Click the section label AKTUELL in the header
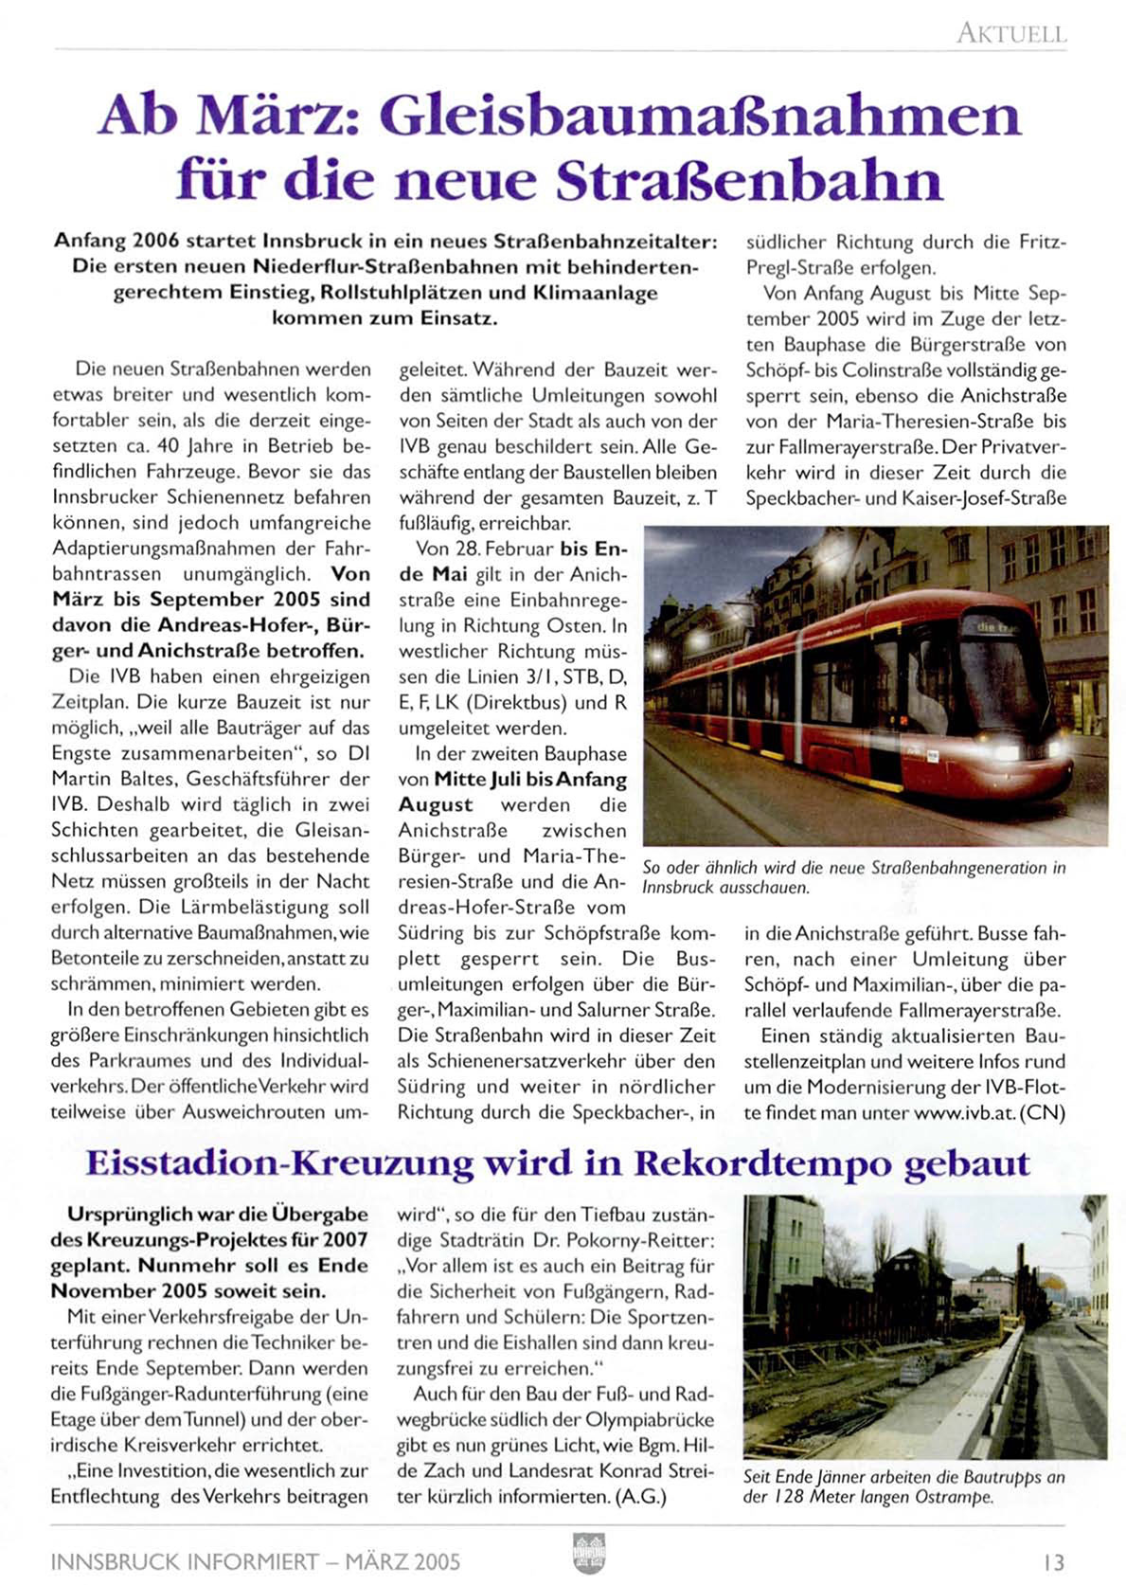pyautogui.click(x=1011, y=34)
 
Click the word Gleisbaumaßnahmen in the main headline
pyautogui.click(x=700, y=117)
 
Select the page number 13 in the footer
pyautogui.click(x=1054, y=1561)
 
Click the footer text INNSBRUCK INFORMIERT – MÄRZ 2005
pyautogui.click(x=256, y=1561)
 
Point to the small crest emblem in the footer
pyautogui.click(x=589, y=1554)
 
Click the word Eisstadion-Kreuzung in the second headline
pyautogui.click(x=279, y=1163)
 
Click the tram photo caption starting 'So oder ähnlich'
pyautogui.click(x=853, y=877)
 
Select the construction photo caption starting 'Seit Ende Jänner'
pyautogui.click(x=903, y=1486)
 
